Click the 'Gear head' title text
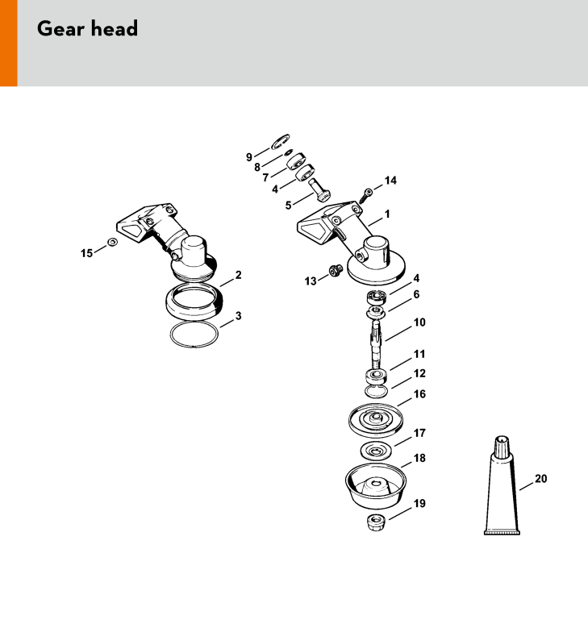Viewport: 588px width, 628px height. (x=87, y=29)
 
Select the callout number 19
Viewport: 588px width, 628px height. (x=419, y=503)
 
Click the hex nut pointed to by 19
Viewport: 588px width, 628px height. (x=377, y=522)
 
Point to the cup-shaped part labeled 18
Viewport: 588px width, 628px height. (x=376, y=486)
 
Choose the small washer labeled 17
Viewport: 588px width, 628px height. (x=376, y=451)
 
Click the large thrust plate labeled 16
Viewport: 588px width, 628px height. (x=376, y=420)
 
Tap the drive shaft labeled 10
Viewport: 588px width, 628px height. (x=377, y=343)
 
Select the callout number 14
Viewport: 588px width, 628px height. (x=390, y=181)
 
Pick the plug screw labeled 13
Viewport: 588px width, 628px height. (x=336, y=271)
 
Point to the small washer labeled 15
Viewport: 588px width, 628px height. (x=113, y=242)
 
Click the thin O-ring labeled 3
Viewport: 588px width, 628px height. (x=194, y=334)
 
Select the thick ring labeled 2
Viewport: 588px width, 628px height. (x=194, y=302)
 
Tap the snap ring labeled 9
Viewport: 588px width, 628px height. (x=280, y=142)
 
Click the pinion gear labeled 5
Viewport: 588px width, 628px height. (x=319, y=189)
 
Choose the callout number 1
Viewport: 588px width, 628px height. (x=387, y=214)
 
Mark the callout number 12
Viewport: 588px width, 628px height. (x=419, y=373)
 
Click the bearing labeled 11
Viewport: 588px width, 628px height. (x=377, y=376)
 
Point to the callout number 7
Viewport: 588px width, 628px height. (x=265, y=177)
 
